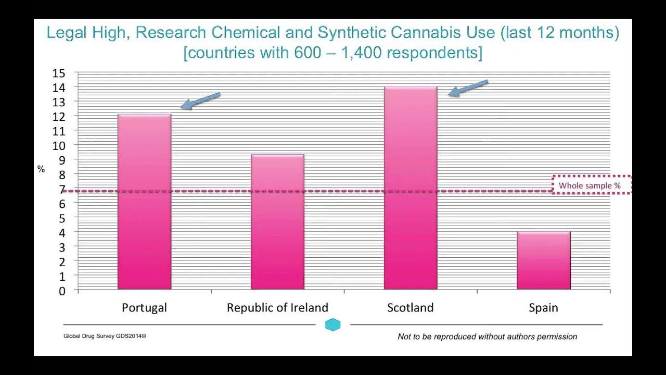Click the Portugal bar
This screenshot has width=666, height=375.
click(x=145, y=202)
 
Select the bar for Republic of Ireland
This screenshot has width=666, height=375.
click(x=278, y=222)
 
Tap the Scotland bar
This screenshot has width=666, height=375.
click(x=411, y=188)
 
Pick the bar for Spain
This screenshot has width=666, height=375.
click(x=544, y=260)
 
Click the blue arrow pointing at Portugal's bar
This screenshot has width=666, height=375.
click(x=200, y=101)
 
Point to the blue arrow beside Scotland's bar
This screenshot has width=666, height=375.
click(x=468, y=88)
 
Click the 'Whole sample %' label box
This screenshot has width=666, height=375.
click(x=592, y=185)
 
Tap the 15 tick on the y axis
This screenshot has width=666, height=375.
click(x=59, y=73)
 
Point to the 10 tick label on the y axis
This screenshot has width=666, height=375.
click(x=59, y=146)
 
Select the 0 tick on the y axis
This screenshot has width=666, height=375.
click(x=62, y=291)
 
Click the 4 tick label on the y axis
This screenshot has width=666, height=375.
click(x=62, y=233)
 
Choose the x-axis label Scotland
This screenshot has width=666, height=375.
click(x=411, y=307)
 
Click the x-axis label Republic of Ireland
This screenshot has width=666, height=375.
click(x=277, y=307)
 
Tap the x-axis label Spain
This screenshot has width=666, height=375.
click(x=543, y=308)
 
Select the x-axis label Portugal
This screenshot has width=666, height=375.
click(x=144, y=308)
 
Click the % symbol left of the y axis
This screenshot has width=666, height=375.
click(x=41, y=169)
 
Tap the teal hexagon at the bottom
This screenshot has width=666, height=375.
click(x=332, y=324)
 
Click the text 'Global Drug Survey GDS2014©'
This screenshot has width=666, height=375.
click(x=105, y=336)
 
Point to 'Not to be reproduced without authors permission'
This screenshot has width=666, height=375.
click(x=488, y=336)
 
